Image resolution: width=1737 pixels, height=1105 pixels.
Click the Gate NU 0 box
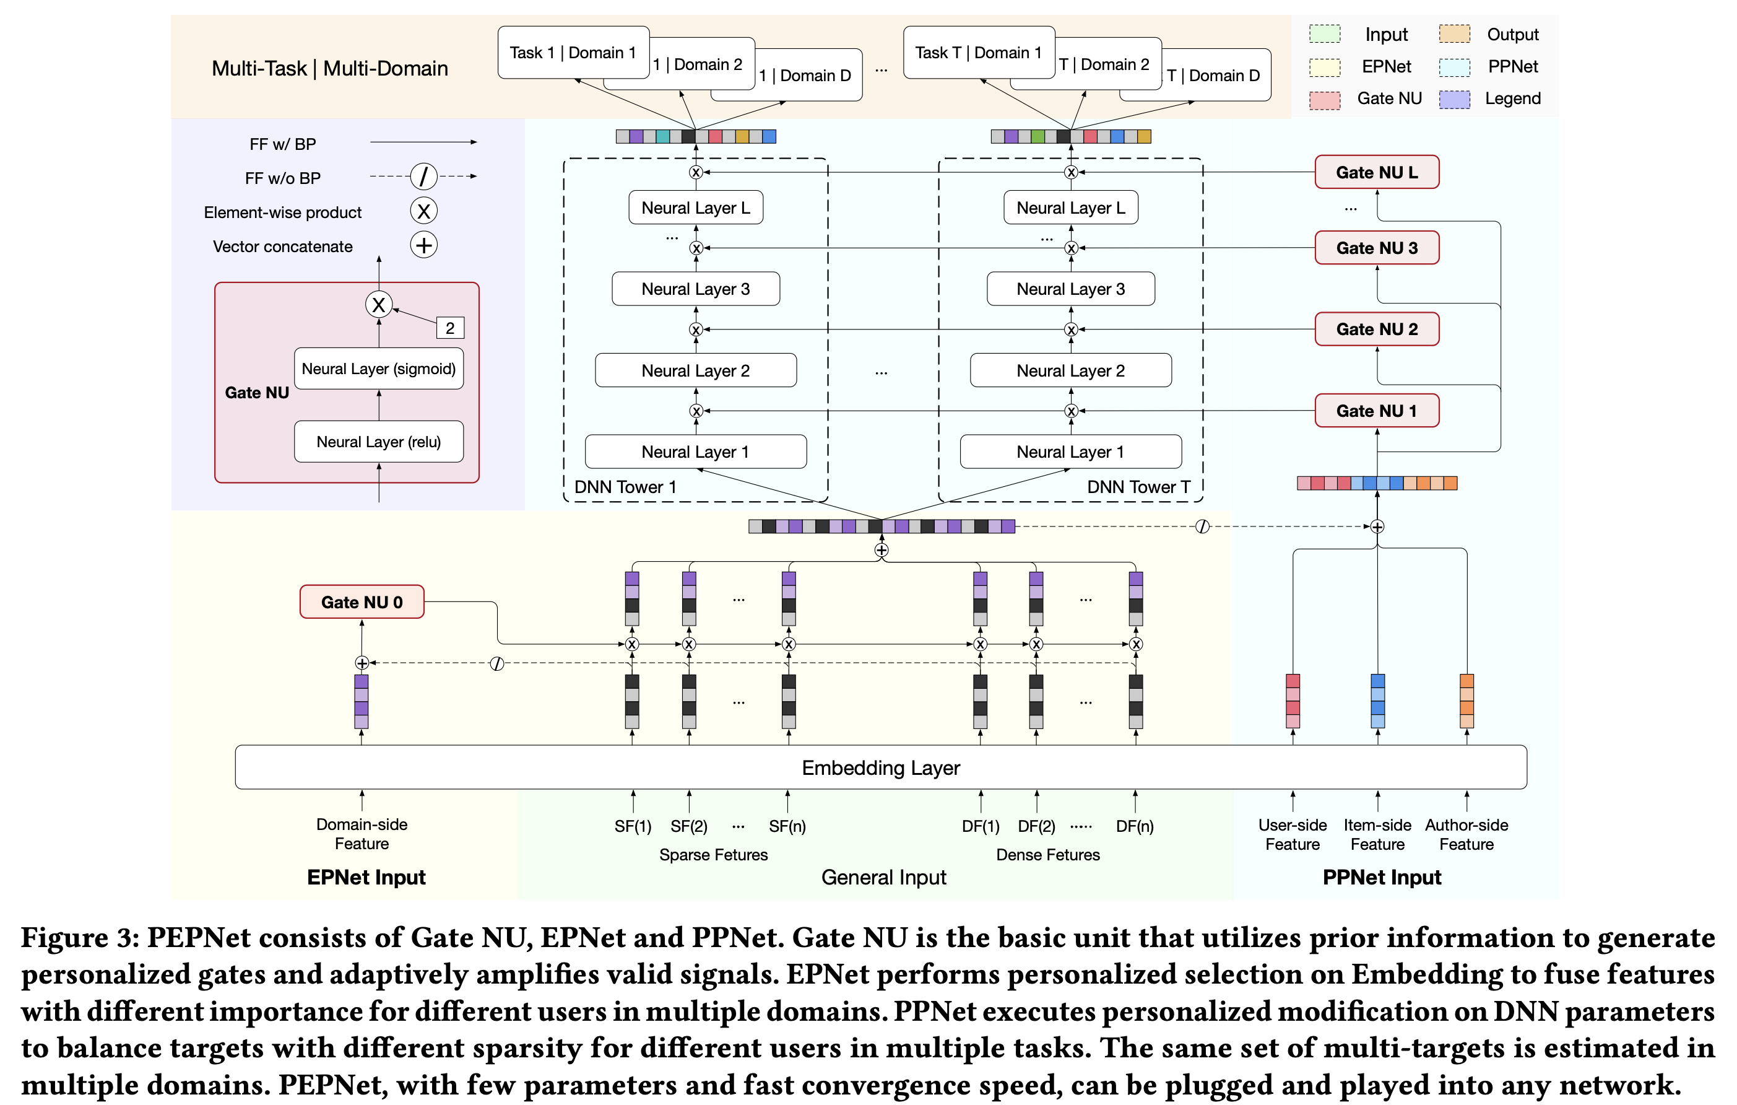(362, 602)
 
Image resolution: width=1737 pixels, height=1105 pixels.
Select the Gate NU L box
(1375, 172)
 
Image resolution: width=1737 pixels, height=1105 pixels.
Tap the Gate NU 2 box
(1375, 329)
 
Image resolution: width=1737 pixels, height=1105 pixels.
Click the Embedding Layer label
(880, 767)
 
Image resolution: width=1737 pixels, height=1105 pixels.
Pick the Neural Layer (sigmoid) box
(379, 369)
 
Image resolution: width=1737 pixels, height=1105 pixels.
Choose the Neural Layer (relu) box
(379, 442)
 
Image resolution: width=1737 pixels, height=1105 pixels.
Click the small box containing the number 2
(450, 328)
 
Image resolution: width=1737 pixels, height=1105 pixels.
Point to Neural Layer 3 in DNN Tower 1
(695, 289)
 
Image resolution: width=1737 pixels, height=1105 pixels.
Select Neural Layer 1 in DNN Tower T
(1070, 452)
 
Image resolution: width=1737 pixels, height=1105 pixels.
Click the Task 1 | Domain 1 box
(573, 53)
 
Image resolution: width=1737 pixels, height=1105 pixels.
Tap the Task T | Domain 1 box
(978, 53)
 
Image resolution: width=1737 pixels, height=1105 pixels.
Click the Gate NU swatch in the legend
(1324, 100)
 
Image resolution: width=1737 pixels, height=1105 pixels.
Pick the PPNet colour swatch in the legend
(1453, 67)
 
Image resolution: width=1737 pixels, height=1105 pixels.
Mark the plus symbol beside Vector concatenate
(424, 245)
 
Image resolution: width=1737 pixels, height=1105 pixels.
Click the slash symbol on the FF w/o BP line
(424, 176)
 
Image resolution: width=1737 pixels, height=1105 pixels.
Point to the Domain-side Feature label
(362, 834)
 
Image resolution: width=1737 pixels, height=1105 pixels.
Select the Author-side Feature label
(1466, 834)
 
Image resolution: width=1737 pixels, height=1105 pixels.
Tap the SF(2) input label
(689, 826)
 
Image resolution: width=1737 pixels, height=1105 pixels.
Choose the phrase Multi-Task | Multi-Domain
(330, 69)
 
